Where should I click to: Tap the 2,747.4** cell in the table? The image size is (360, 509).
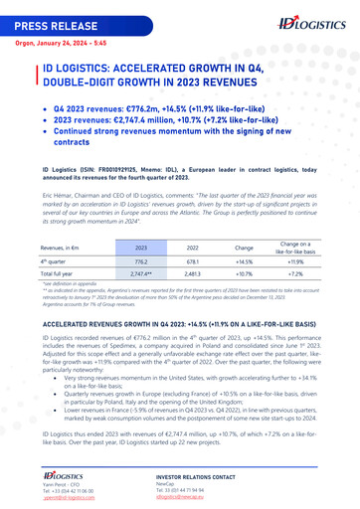tap(141, 272)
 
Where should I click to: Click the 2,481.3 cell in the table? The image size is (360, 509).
tap(192, 272)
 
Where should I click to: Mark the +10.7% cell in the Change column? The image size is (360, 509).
tap(244, 272)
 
